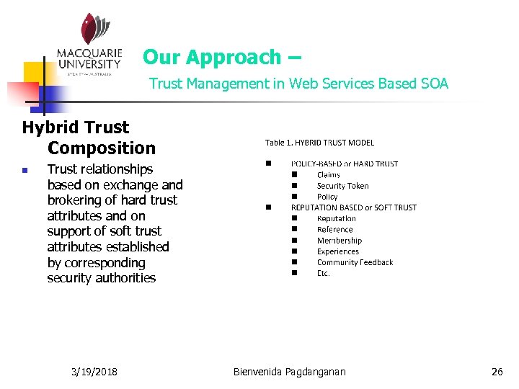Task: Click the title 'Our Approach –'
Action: pyautogui.click(x=222, y=57)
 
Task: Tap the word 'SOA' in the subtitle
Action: pyautogui.click(x=435, y=84)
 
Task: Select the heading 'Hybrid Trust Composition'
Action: pyautogui.click(x=89, y=138)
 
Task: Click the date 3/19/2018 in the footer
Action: pyautogui.click(x=95, y=372)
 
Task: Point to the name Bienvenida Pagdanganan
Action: pyautogui.click(x=290, y=372)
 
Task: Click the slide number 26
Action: pyautogui.click(x=497, y=372)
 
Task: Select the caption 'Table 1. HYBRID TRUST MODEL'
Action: pyautogui.click(x=319, y=143)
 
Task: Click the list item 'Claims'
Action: pyautogui.click(x=328, y=175)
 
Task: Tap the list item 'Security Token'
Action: pyautogui.click(x=342, y=186)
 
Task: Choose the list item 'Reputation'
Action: pyautogui.click(x=336, y=218)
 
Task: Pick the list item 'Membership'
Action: pyautogui.click(x=339, y=241)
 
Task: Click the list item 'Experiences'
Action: pyautogui.click(x=337, y=251)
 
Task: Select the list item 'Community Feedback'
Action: pyautogui.click(x=355, y=262)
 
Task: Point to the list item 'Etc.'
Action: pyautogui.click(x=324, y=273)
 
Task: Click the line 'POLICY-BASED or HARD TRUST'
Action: pyautogui.click(x=345, y=164)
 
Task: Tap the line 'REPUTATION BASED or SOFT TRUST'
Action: pyautogui.click(x=353, y=207)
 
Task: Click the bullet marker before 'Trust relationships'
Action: pyautogui.click(x=25, y=171)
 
